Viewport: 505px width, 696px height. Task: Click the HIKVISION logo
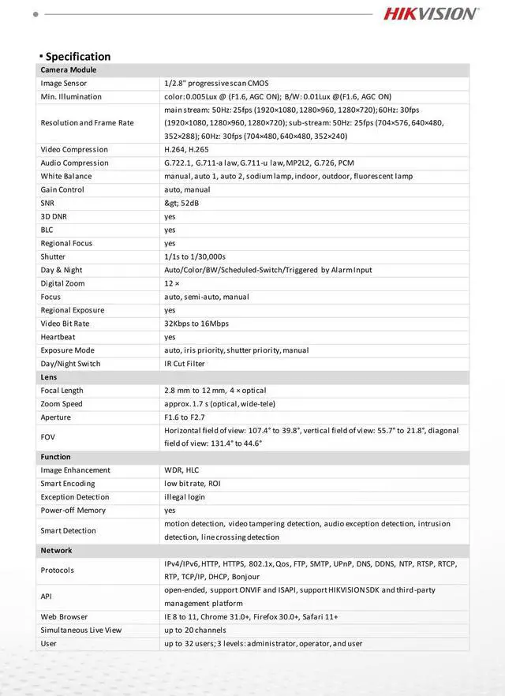431,13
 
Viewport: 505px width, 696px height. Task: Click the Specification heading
77,56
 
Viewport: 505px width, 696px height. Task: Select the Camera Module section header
69,69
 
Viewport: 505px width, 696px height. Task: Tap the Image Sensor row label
64,83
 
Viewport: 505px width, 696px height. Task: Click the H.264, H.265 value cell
186,149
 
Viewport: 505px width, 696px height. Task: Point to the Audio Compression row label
75,163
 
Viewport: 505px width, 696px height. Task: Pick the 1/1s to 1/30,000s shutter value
195,256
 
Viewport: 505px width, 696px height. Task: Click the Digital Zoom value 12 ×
172,283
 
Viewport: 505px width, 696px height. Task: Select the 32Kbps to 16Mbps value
196,324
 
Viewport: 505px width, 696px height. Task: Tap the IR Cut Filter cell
185,364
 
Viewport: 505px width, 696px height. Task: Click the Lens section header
49,377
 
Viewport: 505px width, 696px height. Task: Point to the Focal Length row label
62,391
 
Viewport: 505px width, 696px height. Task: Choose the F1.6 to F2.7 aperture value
184,417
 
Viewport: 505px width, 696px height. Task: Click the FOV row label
48,436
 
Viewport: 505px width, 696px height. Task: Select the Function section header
56,457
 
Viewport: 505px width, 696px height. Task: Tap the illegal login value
185,497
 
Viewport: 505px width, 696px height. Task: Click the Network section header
57,550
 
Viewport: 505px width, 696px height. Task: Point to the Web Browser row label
65,617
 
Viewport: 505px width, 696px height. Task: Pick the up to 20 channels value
195,631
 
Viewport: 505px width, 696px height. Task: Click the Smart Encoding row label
68,484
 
